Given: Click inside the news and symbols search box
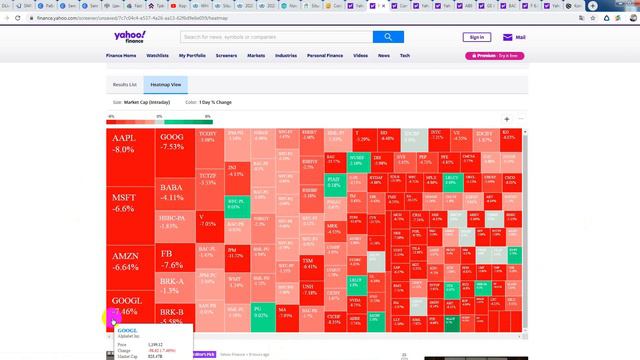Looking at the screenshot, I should (275, 37).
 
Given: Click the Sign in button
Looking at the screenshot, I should (476, 37).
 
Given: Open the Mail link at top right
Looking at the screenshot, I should (515, 37).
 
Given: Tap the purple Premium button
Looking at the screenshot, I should (494, 56).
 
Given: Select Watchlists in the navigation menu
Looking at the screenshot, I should (157, 56).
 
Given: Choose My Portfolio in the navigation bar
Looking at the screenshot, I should (193, 56).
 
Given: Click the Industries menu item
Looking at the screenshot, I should (285, 56).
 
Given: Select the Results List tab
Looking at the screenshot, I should (125, 86).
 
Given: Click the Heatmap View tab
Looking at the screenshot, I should (166, 86).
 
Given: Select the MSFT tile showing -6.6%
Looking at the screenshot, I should (124, 203).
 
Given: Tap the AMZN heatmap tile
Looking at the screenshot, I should (124, 262).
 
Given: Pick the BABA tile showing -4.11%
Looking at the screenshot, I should (172, 192).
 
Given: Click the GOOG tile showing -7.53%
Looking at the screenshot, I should (172, 141).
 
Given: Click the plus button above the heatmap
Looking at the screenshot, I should (506, 118).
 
